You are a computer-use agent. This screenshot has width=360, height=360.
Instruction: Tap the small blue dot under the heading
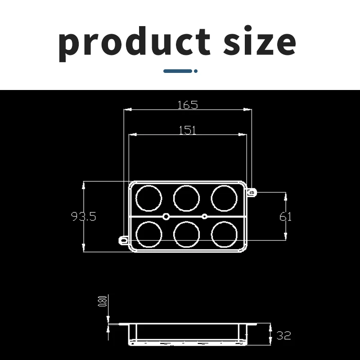pos(195,71)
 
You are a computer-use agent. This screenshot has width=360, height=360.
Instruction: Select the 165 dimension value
pos(187,105)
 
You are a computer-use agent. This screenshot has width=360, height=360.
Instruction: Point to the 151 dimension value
pos(187,130)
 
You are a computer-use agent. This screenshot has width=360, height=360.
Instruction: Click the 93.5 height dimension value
pos(84,216)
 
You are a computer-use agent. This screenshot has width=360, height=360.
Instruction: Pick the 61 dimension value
pos(285,216)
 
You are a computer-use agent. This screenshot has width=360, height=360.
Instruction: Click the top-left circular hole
pos(149,197)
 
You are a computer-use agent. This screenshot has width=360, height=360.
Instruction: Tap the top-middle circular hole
pos(186,197)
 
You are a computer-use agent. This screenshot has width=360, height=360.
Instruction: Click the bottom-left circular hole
pos(149,234)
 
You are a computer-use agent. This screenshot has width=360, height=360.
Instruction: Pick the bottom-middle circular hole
pos(186,234)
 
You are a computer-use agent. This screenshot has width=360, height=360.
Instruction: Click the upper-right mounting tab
pos(252,193)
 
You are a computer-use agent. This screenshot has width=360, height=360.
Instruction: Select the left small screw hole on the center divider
pos(166,216)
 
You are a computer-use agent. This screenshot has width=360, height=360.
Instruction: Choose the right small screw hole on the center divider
pos(205,216)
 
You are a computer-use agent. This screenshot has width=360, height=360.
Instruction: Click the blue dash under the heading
pos(177,71)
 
